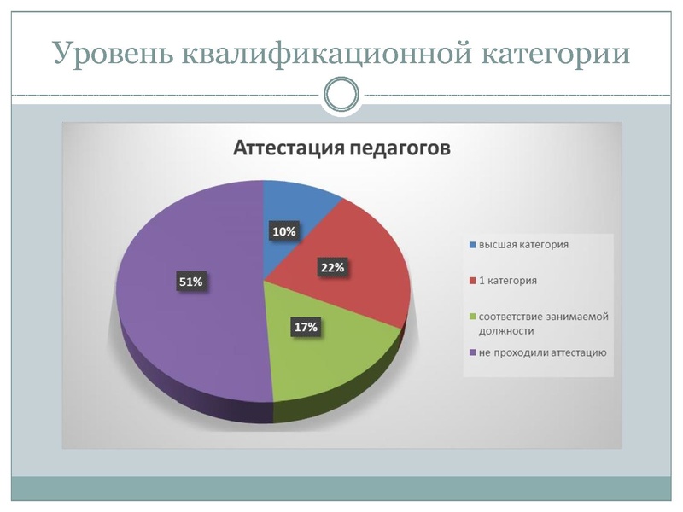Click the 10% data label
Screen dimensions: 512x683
point(284,231)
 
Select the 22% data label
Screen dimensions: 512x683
point(332,267)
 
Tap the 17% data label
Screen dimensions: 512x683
point(306,327)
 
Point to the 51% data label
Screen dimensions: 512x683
point(190,281)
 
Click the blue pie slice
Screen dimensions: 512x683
point(295,209)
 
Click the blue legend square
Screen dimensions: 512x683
point(472,245)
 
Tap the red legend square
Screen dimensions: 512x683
point(472,280)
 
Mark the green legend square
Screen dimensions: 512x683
point(472,316)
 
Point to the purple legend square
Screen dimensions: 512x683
point(472,352)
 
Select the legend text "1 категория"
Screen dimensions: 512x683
point(508,280)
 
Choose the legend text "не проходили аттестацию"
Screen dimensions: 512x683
point(542,352)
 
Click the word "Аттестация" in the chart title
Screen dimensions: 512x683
point(288,148)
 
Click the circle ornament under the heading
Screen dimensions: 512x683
point(341,94)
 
